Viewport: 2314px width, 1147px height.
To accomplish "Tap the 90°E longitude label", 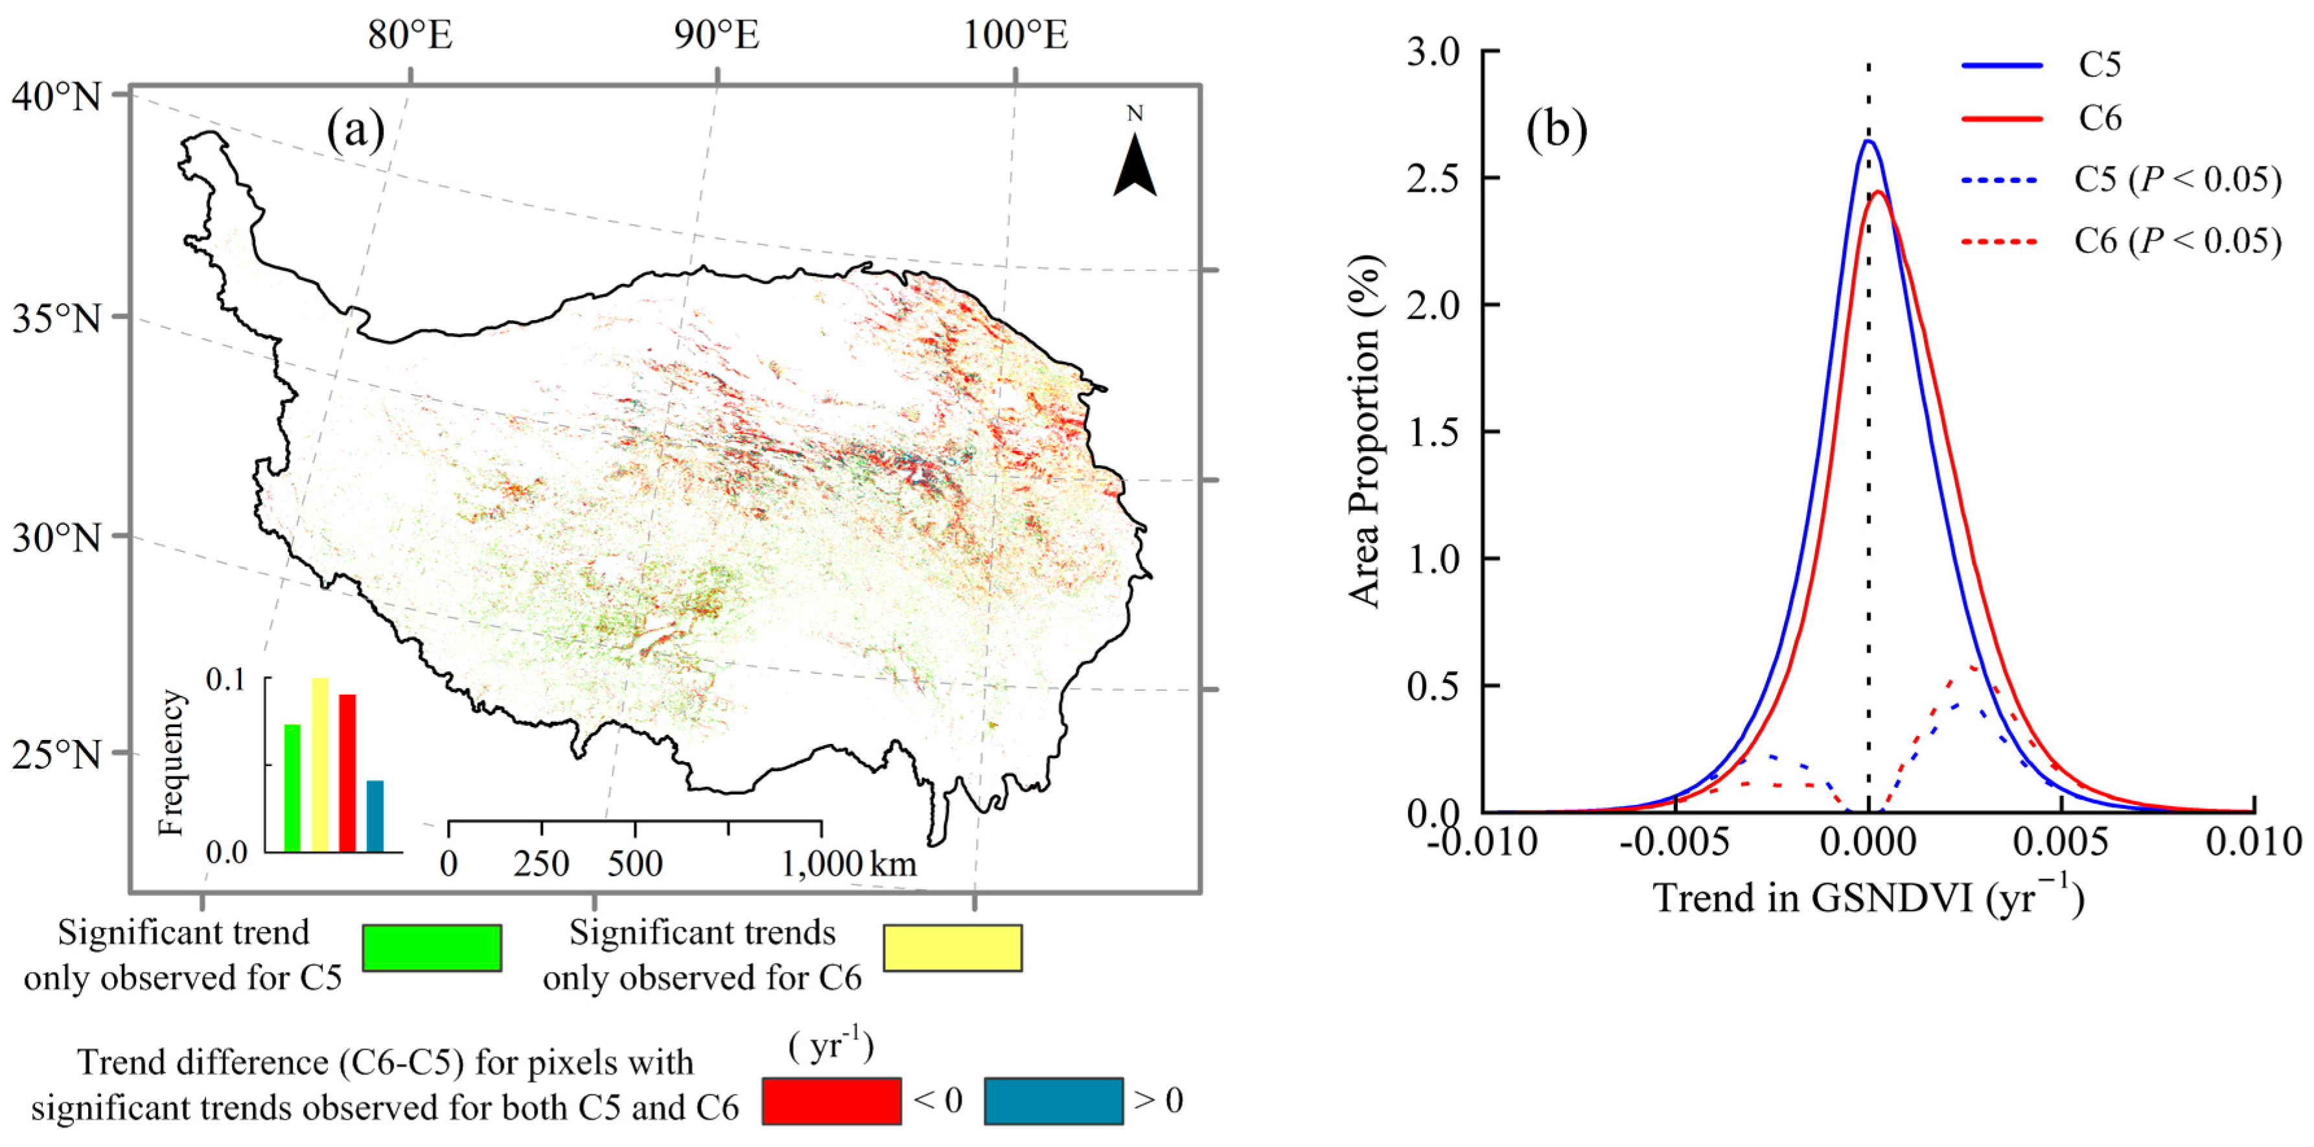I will (x=716, y=36).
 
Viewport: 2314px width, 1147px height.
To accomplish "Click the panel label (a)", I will (x=356, y=130).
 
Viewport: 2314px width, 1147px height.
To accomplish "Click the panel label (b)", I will (x=1556, y=130).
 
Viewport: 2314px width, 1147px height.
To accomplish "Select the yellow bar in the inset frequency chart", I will (x=320, y=765).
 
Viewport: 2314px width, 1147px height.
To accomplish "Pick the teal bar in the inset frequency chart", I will (x=375, y=816).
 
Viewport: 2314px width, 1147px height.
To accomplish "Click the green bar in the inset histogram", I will (x=292, y=788).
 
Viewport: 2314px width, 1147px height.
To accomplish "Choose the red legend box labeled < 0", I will (x=832, y=1101).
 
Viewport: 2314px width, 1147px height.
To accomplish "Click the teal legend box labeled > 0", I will (x=1053, y=1101).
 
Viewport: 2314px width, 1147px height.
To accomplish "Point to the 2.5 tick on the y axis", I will (x=1435, y=178).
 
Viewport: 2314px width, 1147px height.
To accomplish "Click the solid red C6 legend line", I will (x=2002, y=119).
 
